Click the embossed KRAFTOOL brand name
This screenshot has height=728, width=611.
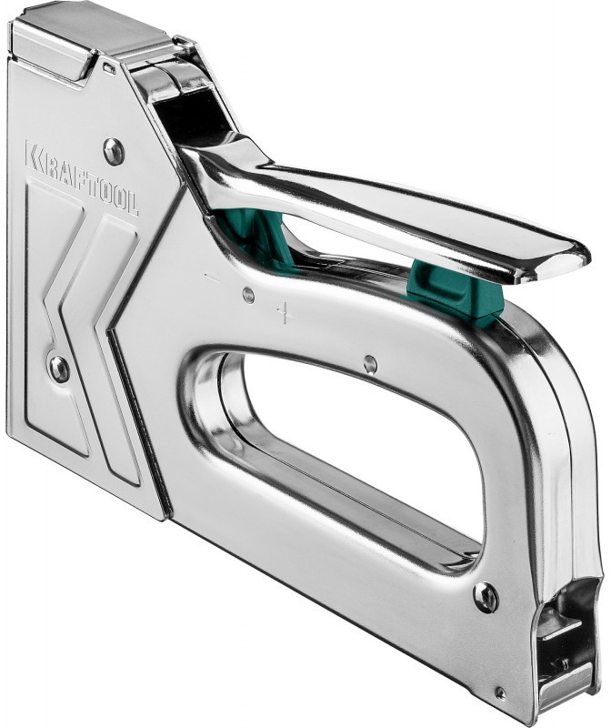tap(81, 177)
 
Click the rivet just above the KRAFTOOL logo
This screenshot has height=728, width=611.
tap(114, 151)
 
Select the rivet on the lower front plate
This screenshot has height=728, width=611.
tap(59, 369)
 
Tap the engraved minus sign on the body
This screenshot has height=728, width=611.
tap(212, 278)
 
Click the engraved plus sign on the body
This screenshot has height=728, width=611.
tap(285, 314)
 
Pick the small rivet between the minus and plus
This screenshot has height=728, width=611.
tap(249, 294)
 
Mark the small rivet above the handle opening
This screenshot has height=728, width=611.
tap(370, 363)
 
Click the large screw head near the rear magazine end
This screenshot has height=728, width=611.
tap(486, 596)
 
